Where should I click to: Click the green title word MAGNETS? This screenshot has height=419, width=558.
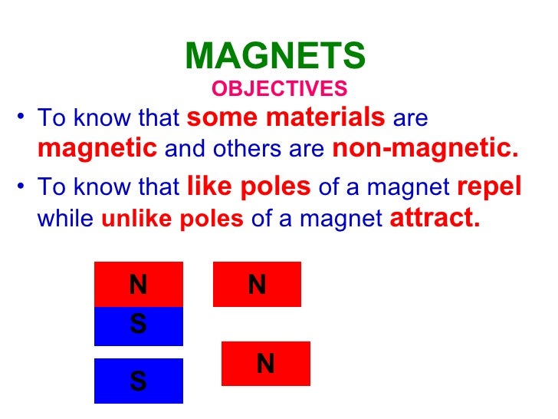pyautogui.click(x=276, y=56)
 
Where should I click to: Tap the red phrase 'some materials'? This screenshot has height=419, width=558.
pyautogui.click(x=286, y=118)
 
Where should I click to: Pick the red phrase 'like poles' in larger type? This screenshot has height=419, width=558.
pyautogui.click(x=249, y=186)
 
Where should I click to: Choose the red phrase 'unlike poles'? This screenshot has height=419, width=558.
pyautogui.click(x=172, y=219)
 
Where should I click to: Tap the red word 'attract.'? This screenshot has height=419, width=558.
pyautogui.click(x=435, y=218)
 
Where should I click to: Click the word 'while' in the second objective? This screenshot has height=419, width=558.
pyautogui.click(x=66, y=219)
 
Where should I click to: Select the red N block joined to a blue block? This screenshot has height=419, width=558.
pyautogui.click(x=139, y=284)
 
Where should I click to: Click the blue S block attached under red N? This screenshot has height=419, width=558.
pyautogui.click(x=139, y=325)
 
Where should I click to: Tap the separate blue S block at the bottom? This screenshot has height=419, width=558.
pyautogui.click(x=139, y=381)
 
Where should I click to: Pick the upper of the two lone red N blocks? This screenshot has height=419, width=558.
pyautogui.click(x=257, y=284)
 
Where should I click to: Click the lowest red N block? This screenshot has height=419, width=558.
pyautogui.click(x=265, y=363)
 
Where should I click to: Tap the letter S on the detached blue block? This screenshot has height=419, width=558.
pyautogui.click(x=139, y=381)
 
